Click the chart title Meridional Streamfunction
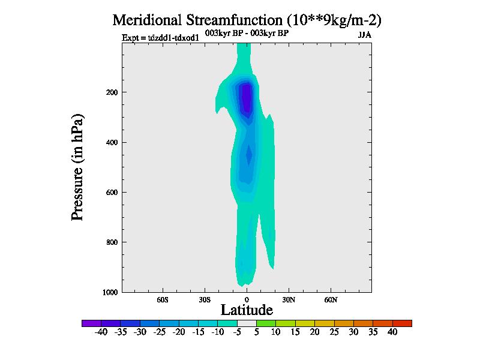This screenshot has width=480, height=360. [x=247, y=20]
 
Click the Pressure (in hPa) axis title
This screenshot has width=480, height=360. [x=77, y=166]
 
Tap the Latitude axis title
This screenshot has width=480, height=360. [x=247, y=310]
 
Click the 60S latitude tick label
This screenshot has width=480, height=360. [x=163, y=299]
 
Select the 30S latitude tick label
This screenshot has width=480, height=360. [x=205, y=299]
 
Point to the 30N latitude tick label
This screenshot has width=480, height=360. [x=289, y=299]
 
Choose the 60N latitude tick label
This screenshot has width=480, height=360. [x=331, y=299]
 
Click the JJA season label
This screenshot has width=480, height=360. [x=364, y=35]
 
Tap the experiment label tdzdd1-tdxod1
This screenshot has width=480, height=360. [x=160, y=37]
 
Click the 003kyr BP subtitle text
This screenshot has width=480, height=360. [x=247, y=33]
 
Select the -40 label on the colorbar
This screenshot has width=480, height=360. [x=101, y=332]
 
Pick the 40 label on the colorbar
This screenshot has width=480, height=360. [x=392, y=332]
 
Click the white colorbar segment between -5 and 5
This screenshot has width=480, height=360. [x=247, y=323]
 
